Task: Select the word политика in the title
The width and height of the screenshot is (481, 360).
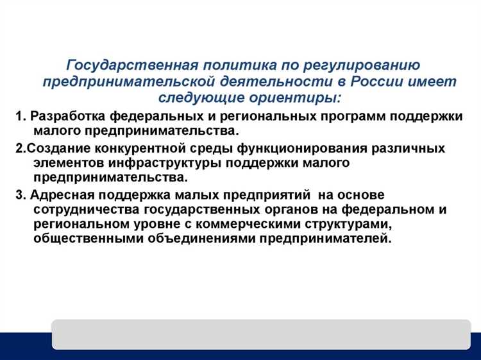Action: (x=226, y=66)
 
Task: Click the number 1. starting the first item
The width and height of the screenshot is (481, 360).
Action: (x=21, y=117)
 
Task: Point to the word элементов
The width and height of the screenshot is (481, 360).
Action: (x=63, y=163)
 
